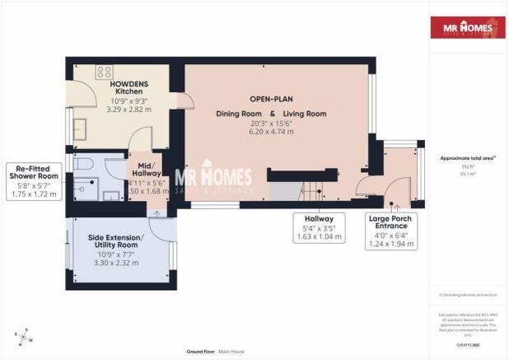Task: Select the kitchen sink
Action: click(81, 128)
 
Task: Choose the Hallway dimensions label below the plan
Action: click(317, 227)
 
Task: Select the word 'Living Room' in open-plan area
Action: click(305, 114)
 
